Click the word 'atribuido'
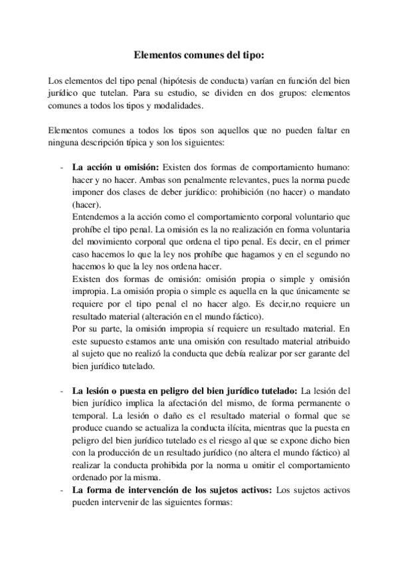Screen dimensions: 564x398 (x=330, y=341)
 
